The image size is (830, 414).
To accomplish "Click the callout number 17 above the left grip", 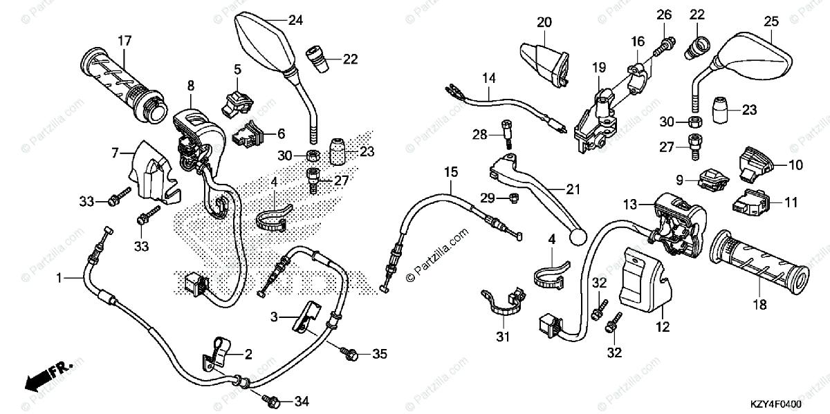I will click(x=124, y=41).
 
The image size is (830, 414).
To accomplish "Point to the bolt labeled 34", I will click(x=270, y=400).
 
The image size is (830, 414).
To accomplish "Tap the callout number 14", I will click(x=490, y=77).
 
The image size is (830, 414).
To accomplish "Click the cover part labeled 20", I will click(x=543, y=59).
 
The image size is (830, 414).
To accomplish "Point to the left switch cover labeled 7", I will click(x=149, y=170).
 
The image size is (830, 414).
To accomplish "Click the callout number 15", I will click(x=451, y=171).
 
